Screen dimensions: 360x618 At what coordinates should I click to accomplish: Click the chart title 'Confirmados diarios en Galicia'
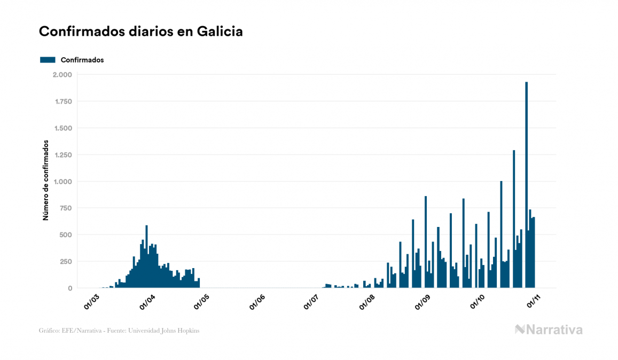141,32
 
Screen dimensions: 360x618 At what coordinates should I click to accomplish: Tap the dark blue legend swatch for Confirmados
48,60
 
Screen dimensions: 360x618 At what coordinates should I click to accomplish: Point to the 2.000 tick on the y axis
63,75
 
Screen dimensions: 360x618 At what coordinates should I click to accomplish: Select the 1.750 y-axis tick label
63,101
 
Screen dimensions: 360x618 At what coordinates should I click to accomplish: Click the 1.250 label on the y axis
63,155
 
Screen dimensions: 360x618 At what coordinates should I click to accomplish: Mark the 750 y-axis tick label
66,208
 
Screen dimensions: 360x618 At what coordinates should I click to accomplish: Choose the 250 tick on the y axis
66,262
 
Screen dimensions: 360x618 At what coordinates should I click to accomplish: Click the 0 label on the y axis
70,288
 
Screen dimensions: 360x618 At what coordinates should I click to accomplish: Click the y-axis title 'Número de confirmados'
46,181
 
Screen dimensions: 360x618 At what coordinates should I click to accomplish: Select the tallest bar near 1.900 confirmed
527,184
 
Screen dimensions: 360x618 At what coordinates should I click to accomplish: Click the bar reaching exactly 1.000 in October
501,235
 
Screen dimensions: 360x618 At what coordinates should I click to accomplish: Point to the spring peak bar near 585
146,256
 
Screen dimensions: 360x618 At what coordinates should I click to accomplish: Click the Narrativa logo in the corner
549,330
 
